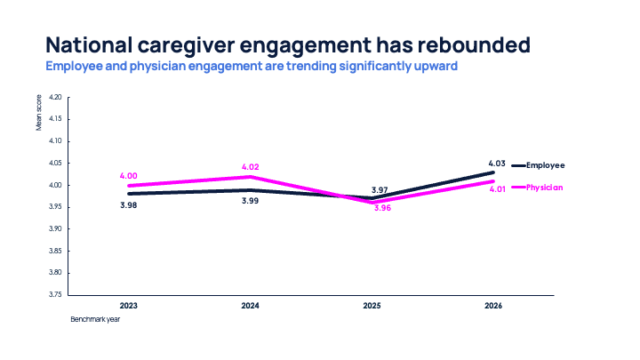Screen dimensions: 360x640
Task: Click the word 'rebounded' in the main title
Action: (477, 44)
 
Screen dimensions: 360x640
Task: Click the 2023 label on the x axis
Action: (129, 306)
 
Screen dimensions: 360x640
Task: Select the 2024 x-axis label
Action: (251, 306)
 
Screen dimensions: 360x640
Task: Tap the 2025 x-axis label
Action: (373, 306)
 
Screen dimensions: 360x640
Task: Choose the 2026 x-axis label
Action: (495, 306)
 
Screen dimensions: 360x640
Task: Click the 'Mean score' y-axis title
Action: (39, 115)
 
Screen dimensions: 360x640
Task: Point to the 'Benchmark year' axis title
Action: (95, 320)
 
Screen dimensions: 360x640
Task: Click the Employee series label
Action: (546, 165)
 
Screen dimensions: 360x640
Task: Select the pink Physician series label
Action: (546, 188)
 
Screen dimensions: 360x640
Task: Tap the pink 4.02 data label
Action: (252, 166)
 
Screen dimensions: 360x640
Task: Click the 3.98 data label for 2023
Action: (129, 204)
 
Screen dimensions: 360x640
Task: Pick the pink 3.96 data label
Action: (382, 207)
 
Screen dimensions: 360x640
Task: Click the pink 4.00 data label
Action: (129, 176)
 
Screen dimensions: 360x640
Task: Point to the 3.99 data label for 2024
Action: (252, 201)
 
